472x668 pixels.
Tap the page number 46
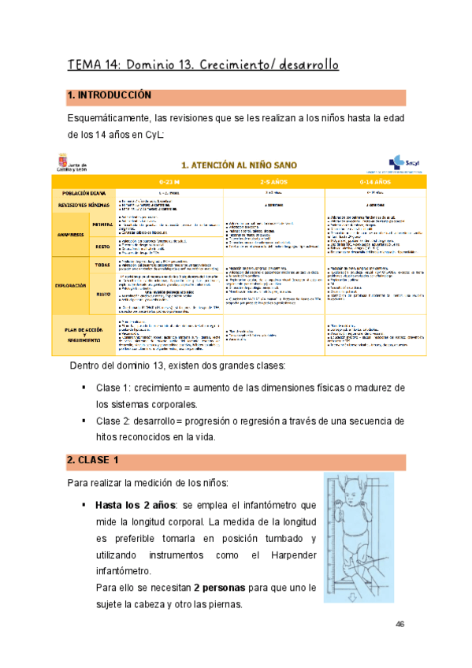click(x=400, y=624)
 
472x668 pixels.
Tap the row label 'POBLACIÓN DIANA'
click(x=82, y=192)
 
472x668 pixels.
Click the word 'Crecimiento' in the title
click(x=238, y=65)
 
